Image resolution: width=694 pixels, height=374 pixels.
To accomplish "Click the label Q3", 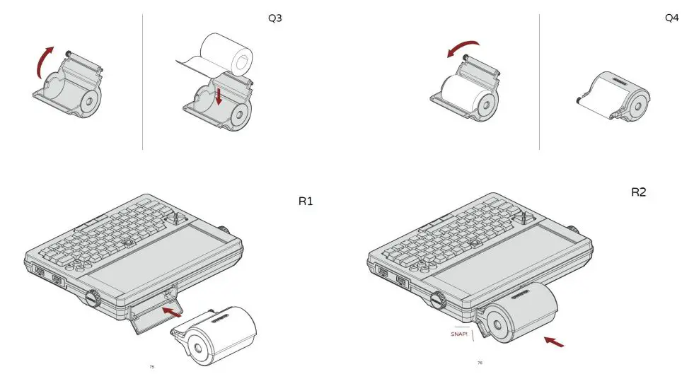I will (274, 18).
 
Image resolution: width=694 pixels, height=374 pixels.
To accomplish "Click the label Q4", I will (671, 18).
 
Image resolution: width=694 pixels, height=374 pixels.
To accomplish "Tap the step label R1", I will (305, 201).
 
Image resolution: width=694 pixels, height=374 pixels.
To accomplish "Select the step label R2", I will (638, 192).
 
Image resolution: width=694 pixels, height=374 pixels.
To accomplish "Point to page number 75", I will (152, 366).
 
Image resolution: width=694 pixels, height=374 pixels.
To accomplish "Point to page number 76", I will (480, 363).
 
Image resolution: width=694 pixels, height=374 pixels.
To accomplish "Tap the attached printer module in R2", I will (522, 312).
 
